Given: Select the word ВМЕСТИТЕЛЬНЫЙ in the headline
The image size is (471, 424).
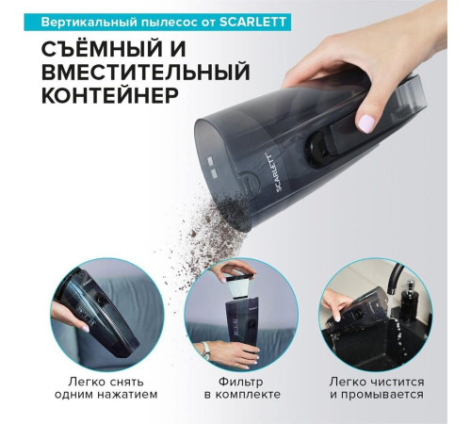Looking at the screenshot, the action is click(x=146, y=73).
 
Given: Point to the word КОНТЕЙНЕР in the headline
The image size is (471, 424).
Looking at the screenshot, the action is click(x=110, y=95).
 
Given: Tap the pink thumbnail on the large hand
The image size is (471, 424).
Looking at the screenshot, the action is click(x=366, y=123).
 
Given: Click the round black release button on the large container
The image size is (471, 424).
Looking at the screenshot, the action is click(x=317, y=149).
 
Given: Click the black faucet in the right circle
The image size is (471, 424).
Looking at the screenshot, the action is click(x=395, y=277).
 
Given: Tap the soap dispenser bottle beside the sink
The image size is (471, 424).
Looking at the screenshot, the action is click(x=410, y=299).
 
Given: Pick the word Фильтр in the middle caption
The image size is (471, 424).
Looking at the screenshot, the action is click(x=241, y=383).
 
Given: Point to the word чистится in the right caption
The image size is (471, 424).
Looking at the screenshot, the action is click(x=398, y=383).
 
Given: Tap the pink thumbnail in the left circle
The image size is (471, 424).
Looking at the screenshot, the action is click(x=85, y=329).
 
